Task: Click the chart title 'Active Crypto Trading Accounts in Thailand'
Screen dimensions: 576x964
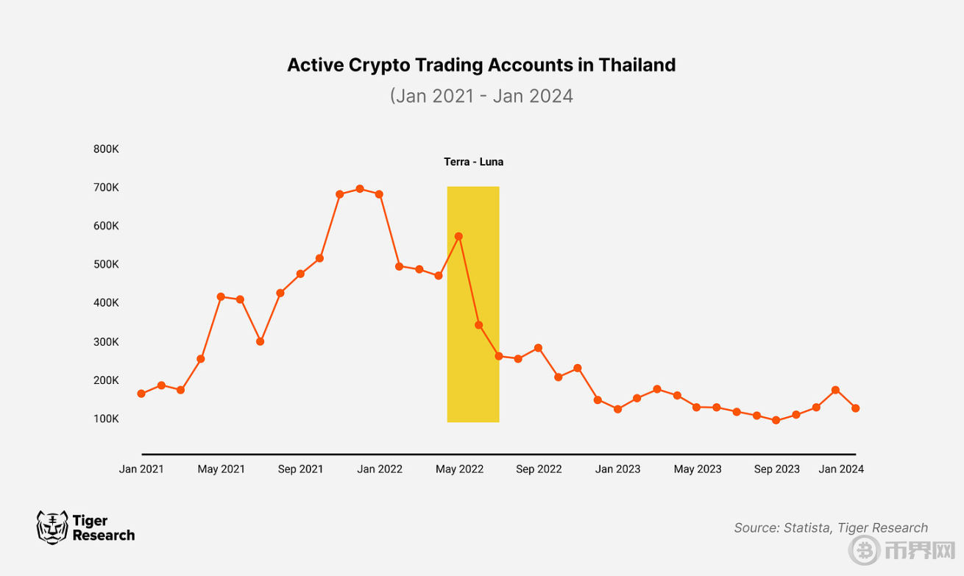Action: (x=481, y=65)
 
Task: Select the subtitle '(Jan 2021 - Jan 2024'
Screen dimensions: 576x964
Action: (x=481, y=96)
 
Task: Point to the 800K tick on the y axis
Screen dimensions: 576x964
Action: (x=106, y=149)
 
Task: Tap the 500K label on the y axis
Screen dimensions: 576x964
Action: (x=106, y=264)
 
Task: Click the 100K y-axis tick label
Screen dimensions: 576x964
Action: (x=106, y=419)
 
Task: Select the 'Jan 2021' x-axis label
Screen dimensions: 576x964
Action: (x=141, y=469)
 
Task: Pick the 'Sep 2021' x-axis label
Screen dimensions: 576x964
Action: (x=300, y=469)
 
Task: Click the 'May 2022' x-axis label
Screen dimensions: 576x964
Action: (x=459, y=469)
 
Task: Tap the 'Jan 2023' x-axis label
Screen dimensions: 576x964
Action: (x=617, y=469)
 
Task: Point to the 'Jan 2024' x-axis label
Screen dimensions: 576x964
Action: (x=841, y=469)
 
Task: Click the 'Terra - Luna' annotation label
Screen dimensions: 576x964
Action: (x=473, y=162)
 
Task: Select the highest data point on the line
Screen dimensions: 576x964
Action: (x=360, y=188)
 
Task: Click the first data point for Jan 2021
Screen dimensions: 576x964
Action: (x=141, y=394)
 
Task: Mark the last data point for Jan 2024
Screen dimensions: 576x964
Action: (x=856, y=408)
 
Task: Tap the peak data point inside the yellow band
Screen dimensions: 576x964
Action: (x=458, y=236)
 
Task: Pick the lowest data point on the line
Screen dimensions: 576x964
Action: (x=776, y=421)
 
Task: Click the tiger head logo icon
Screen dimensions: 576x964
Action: (x=52, y=527)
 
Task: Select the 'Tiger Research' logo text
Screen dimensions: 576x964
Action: (x=103, y=528)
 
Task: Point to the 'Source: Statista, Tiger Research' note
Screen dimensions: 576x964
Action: (x=831, y=527)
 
